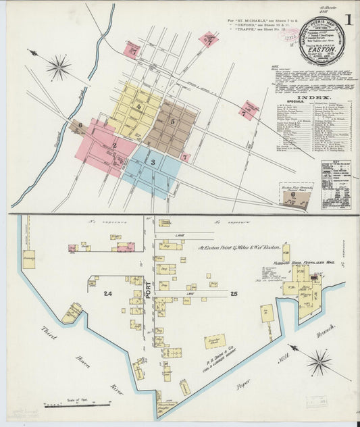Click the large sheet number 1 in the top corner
pos(347,20)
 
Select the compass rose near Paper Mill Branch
pos(319,362)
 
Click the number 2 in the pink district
pos(114,145)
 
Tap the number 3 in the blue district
pos(153,162)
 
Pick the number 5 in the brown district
pos(172,122)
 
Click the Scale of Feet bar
pos(77,405)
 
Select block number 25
pos(234,294)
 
